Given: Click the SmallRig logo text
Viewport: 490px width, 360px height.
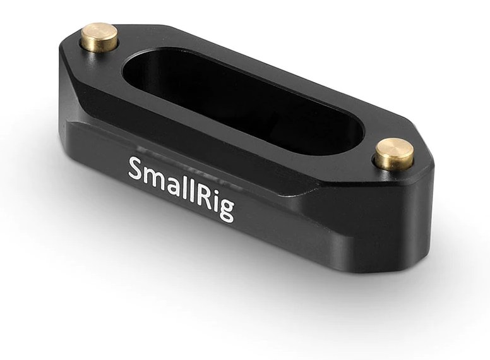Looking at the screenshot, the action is [x=181, y=188].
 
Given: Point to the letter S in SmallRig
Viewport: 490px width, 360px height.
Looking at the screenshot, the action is [x=136, y=168].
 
